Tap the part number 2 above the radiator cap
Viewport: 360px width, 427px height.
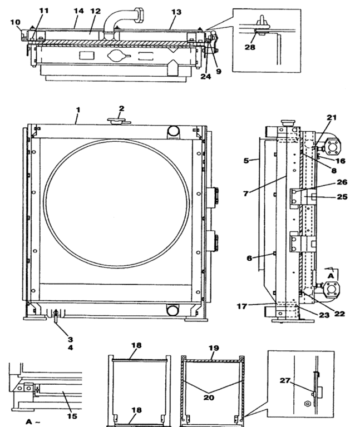coord(121,108)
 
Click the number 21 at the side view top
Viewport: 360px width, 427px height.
coord(332,117)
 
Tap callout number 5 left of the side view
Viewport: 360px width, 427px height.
coord(245,161)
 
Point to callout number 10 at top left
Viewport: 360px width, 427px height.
coord(15,22)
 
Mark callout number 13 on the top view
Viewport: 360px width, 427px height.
coord(176,11)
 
